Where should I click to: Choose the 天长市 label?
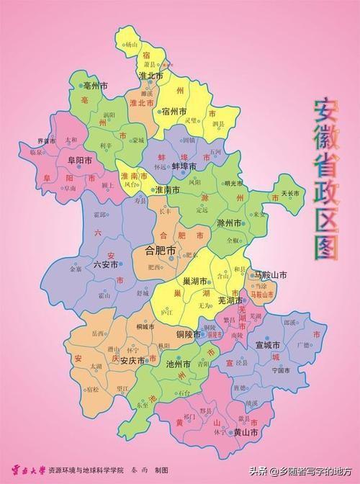click(289, 193)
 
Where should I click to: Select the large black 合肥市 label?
click(161, 251)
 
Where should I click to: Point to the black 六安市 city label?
click(90, 265)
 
